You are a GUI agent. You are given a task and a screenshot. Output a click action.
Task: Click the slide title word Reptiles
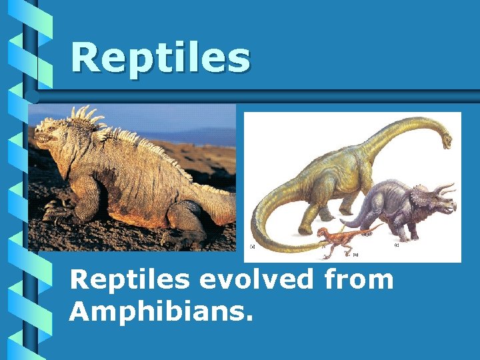tap(160, 58)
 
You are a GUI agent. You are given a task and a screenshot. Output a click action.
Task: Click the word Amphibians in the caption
tap(161, 311)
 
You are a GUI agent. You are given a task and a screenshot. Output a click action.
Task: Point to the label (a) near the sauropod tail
tap(253, 246)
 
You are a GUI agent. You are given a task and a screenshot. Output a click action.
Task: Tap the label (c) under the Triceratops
tap(397, 245)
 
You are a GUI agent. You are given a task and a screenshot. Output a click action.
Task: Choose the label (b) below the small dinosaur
tap(355, 254)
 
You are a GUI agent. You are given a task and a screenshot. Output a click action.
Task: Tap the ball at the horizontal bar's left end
tap(34, 96)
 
